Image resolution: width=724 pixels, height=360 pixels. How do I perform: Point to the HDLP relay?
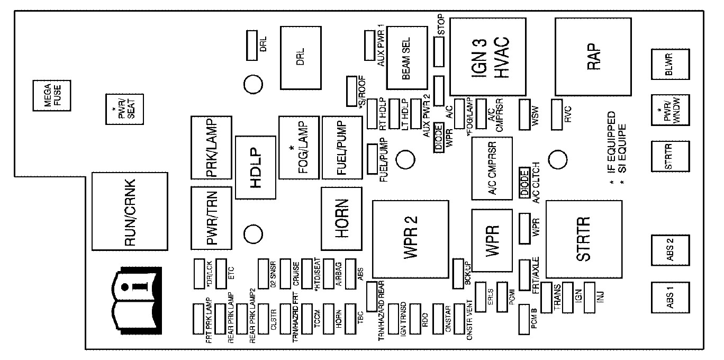[x=256, y=167]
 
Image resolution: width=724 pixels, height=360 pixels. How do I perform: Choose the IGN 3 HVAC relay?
[x=488, y=56]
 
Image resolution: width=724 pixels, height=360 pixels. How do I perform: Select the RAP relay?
[x=593, y=56]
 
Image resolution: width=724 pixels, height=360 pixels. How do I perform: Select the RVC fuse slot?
[x=557, y=114]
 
